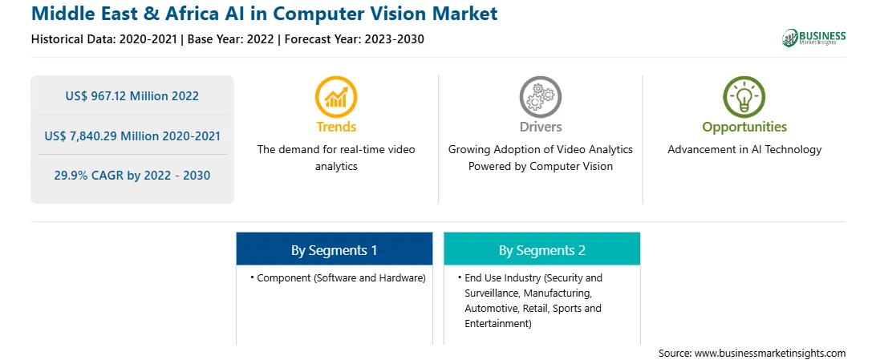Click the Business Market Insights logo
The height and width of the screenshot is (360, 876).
click(813, 38)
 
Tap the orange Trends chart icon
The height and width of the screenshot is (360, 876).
click(336, 96)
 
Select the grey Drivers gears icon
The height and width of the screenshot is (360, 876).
click(540, 96)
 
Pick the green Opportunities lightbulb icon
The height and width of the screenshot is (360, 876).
click(744, 96)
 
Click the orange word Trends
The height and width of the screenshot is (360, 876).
click(336, 127)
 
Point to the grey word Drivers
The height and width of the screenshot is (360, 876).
click(540, 127)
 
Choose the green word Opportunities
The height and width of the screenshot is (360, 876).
click(744, 127)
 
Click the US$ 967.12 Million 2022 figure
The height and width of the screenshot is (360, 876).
click(132, 95)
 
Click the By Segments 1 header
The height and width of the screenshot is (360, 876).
click(334, 250)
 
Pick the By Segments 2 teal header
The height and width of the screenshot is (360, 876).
click(542, 250)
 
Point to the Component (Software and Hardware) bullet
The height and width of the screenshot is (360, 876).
click(338, 277)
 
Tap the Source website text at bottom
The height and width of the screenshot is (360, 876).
click(752, 353)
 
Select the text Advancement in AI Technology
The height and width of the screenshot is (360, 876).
click(744, 150)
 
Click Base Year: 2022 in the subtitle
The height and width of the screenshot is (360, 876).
click(231, 39)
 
